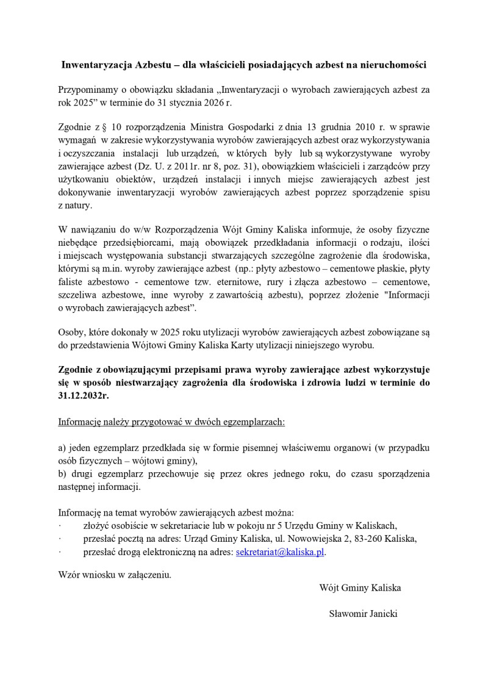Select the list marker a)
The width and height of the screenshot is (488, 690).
click(x=62, y=447)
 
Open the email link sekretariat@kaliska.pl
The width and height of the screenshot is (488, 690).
click(x=279, y=552)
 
